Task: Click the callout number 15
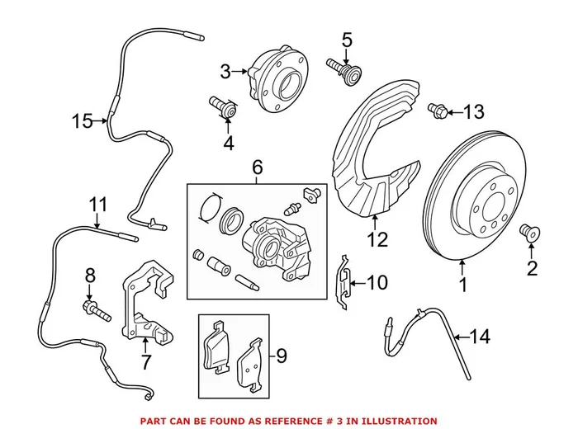82,121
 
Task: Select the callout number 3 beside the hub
225,72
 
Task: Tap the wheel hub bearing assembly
276,82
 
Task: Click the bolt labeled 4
222,107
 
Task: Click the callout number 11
98,204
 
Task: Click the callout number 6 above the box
257,168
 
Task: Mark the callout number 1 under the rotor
462,286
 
